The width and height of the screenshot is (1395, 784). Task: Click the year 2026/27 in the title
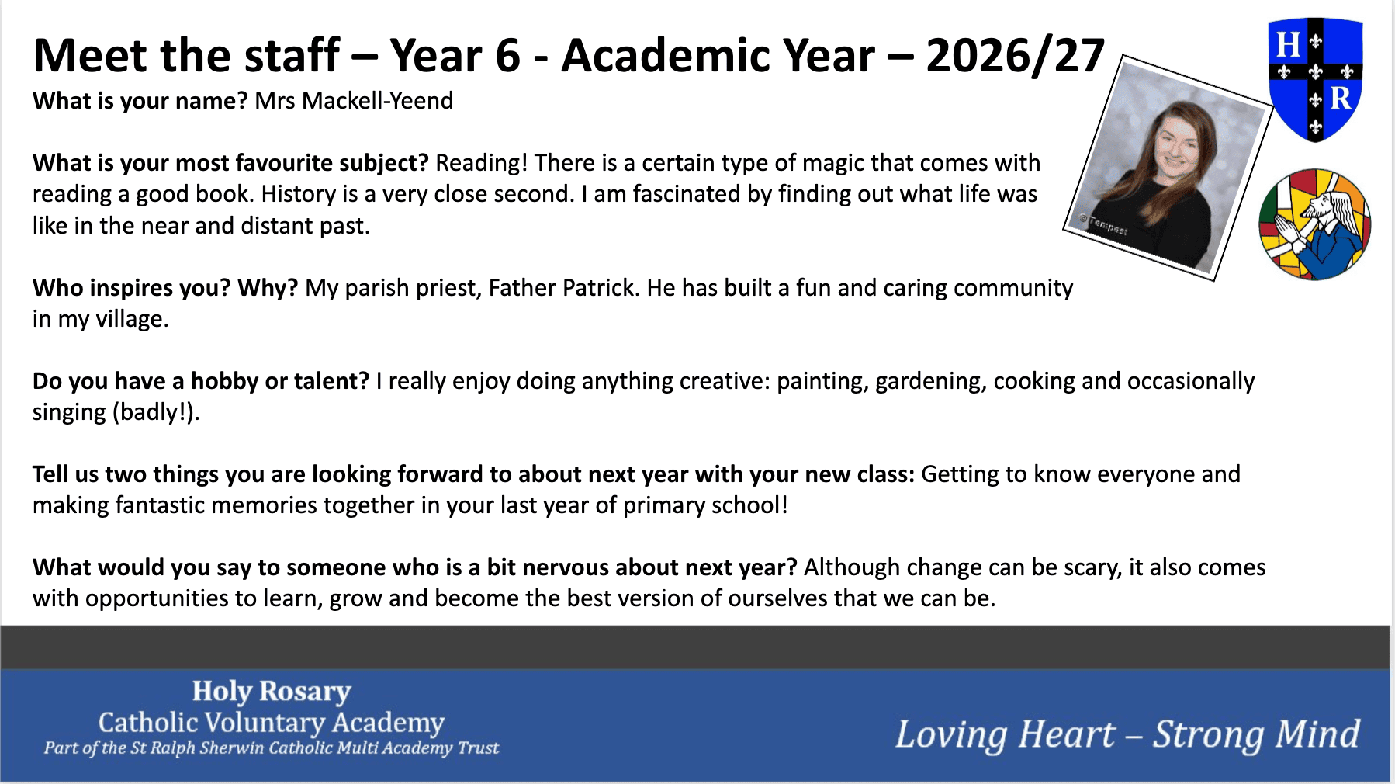(1015, 56)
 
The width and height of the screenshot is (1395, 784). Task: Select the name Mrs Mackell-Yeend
(354, 101)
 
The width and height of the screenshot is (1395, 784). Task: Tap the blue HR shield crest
(1315, 80)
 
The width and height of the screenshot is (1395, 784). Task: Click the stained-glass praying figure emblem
(1315, 224)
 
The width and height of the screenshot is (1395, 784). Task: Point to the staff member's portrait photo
(1168, 168)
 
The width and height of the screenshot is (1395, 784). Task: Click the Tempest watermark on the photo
(1103, 225)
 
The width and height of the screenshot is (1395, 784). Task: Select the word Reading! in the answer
(481, 163)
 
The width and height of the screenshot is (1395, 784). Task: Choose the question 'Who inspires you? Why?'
(165, 288)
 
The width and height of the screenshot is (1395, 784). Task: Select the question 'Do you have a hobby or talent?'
(201, 381)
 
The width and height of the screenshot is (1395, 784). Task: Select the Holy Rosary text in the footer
(272, 691)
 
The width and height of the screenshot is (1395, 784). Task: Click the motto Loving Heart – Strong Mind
(1127, 734)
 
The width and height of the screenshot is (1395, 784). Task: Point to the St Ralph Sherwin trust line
(271, 748)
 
